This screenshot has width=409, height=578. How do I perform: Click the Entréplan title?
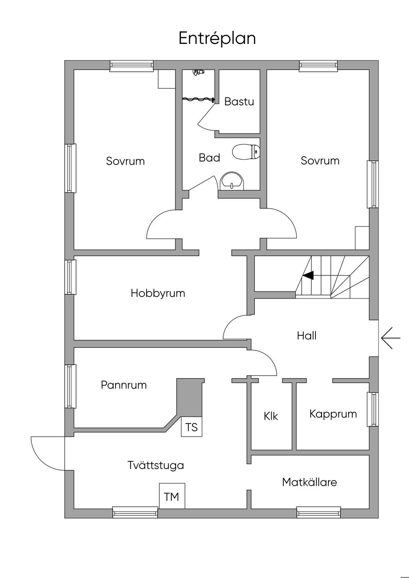[217, 39]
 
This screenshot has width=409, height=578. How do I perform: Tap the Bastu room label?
[239, 101]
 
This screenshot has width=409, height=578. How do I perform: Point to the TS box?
[192, 427]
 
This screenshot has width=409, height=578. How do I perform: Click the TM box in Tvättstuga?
[172, 497]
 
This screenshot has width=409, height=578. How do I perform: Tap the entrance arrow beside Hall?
[391, 338]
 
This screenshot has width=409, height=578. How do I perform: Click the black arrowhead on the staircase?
[308, 275]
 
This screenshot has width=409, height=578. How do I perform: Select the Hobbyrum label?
[158, 293]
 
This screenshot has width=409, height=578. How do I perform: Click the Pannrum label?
[124, 385]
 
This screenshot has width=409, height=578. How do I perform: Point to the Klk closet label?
[271, 416]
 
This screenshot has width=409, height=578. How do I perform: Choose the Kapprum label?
[333, 414]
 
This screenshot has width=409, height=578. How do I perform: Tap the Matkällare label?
[310, 482]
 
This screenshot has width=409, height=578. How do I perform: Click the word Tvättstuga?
[156, 465]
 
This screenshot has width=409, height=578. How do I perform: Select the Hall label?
[307, 336]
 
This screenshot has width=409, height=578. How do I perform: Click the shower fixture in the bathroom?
[198, 72]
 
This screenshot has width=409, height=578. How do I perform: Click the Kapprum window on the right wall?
[373, 409]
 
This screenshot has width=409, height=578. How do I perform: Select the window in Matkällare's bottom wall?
[319, 512]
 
